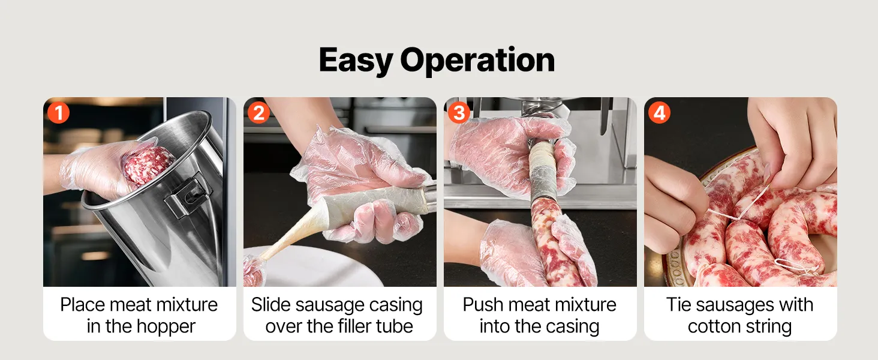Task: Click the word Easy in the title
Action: click(x=356, y=60)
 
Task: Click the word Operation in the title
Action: click(x=477, y=60)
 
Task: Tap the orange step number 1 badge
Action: click(x=58, y=113)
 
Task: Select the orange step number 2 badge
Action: click(x=258, y=113)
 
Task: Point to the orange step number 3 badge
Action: click(x=459, y=113)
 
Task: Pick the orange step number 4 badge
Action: click(x=659, y=113)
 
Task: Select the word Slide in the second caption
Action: click(x=270, y=305)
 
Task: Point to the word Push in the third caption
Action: click(x=480, y=305)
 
